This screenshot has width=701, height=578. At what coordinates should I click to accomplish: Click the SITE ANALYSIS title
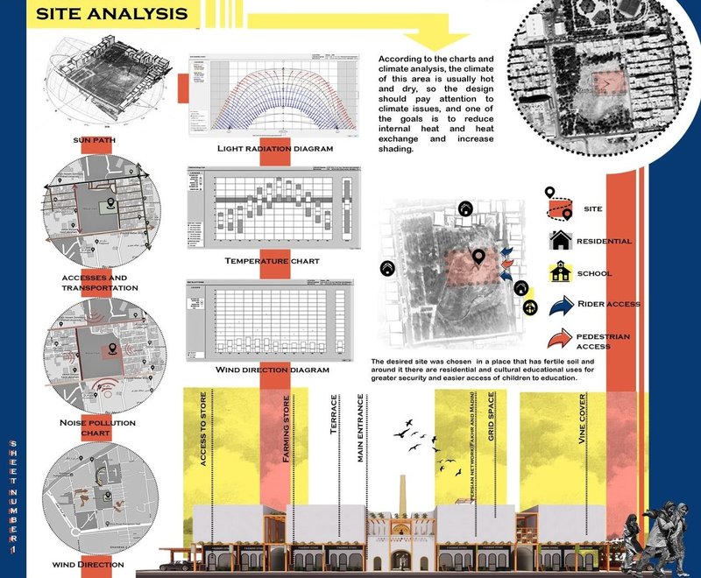point(112,15)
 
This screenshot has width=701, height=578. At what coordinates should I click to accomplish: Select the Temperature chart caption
point(259,261)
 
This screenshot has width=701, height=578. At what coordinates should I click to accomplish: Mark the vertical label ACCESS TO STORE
point(203,447)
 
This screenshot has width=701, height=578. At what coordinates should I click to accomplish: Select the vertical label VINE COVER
point(582,438)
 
